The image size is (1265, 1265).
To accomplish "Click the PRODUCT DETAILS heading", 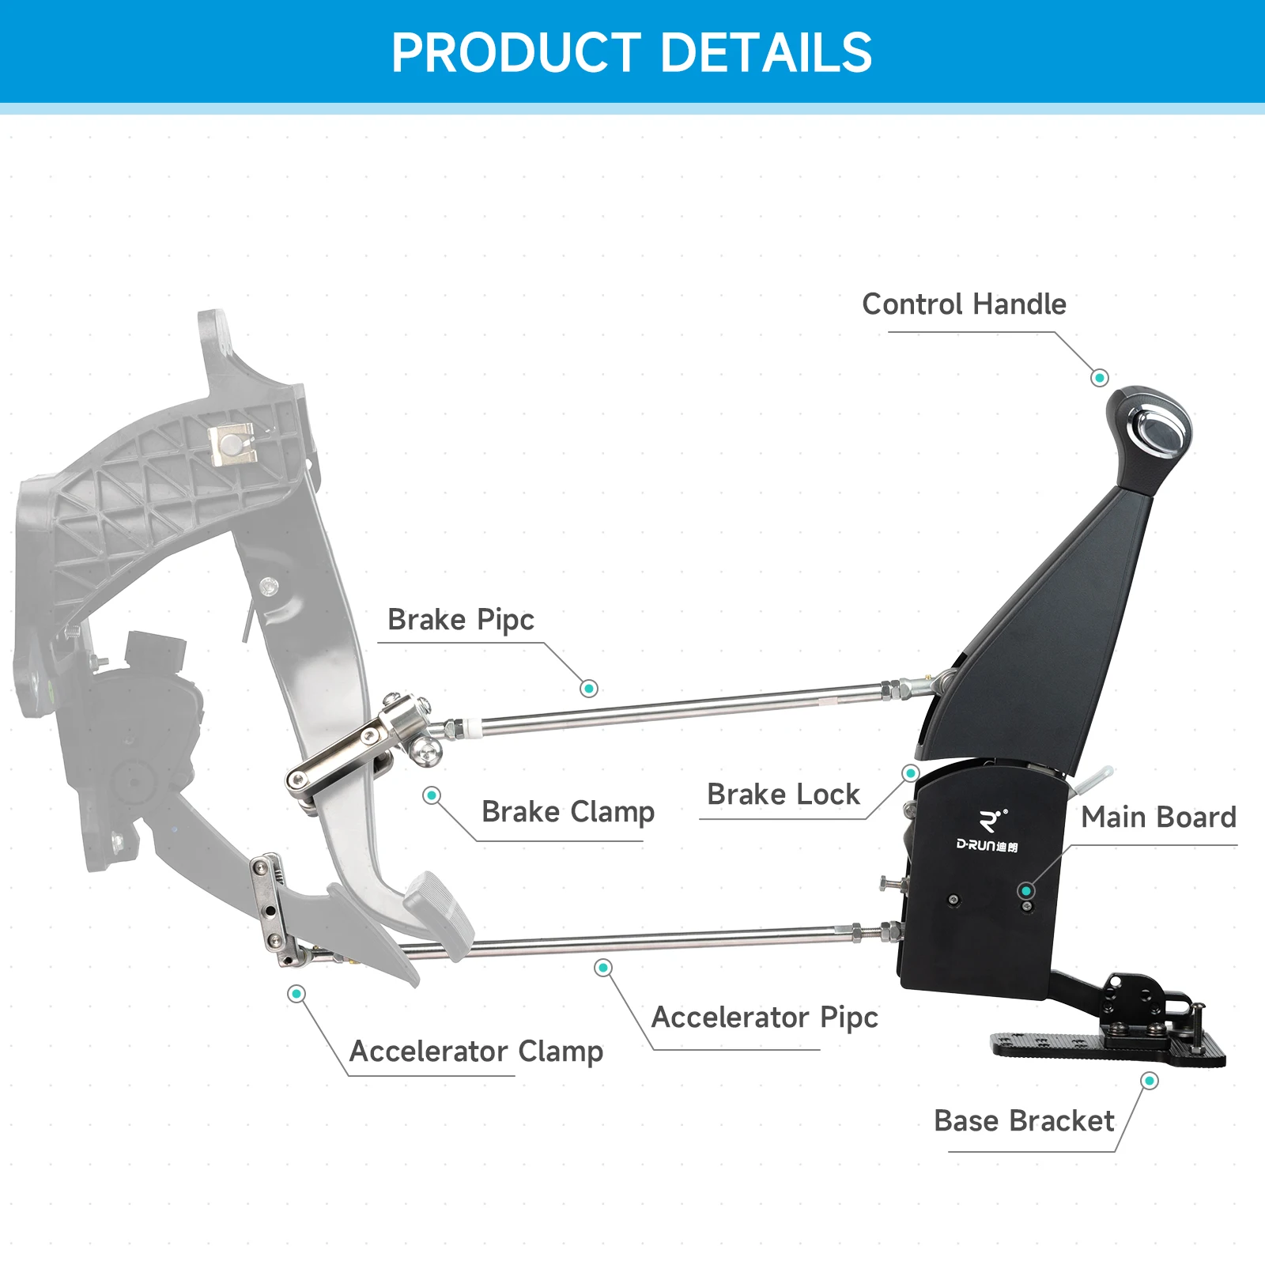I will pyautogui.click(x=632, y=53).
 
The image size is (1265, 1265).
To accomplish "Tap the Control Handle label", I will pyautogui.click(x=964, y=304).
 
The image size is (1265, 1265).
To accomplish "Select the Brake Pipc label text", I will pyautogui.click(x=461, y=620).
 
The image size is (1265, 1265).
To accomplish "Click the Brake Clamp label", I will pyautogui.click(x=568, y=812).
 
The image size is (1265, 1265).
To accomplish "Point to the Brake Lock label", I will pyautogui.click(x=783, y=794).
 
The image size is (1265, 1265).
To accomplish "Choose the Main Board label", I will pyautogui.click(x=1158, y=817).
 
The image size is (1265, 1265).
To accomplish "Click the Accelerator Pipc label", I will pyautogui.click(x=765, y=1018).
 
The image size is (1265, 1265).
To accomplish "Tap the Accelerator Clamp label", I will pyautogui.click(x=476, y=1052).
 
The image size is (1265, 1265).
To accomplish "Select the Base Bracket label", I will pyautogui.click(x=1024, y=1121).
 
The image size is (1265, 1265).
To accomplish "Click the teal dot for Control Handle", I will pyautogui.click(x=1099, y=378).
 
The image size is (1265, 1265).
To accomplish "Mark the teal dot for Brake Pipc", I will pyautogui.click(x=588, y=689).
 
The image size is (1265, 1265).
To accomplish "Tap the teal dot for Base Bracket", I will pyautogui.click(x=1150, y=1081).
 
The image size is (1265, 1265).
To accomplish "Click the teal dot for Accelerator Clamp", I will pyautogui.click(x=296, y=994).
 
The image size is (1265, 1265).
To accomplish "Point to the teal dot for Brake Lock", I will pyautogui.click(x=911, y=772).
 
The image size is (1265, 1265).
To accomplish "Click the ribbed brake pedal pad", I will pyautogui.click(x=439, y=905).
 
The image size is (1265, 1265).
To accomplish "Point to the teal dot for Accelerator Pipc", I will pyautogui.click(x=603, y=968).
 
